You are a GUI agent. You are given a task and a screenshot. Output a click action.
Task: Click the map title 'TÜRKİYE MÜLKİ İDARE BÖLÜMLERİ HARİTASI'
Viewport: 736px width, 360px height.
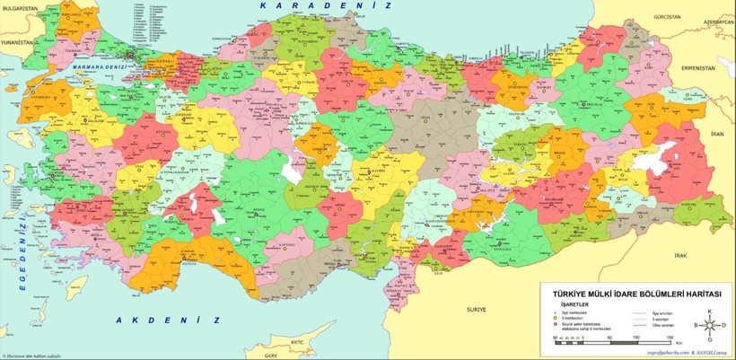[x=633, y=293]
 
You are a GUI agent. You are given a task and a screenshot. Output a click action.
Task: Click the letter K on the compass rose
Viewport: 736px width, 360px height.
[x=710, y=311]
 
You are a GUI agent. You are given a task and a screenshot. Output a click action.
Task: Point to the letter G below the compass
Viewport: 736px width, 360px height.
[x=710, y=341]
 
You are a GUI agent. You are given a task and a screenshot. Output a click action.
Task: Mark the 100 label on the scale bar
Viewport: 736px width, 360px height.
[x=635, y=337]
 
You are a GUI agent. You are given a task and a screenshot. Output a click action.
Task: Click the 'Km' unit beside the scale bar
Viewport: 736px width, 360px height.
[x=680, y=343]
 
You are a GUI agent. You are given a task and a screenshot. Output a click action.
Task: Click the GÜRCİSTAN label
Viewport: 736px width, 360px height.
[x=668, y=17]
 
